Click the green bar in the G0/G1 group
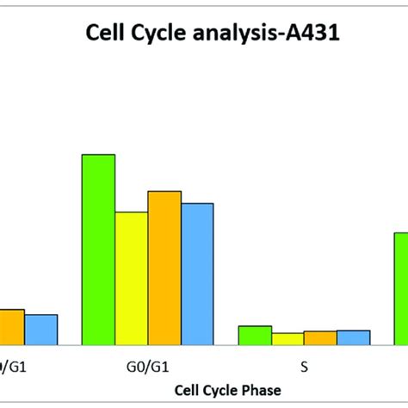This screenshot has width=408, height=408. coord(98,250)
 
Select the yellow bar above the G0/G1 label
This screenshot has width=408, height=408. coord(131,278)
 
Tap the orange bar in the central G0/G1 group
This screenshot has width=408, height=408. coord(164,268)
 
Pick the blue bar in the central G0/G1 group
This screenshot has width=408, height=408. coord(196,274)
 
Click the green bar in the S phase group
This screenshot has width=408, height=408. coord(255,336)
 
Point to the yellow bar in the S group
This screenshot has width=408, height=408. coord(287,339)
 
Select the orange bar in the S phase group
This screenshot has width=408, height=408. coord(319,338)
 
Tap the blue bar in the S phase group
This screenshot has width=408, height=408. coord(353,337)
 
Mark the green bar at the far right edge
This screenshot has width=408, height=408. coord(400,288)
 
